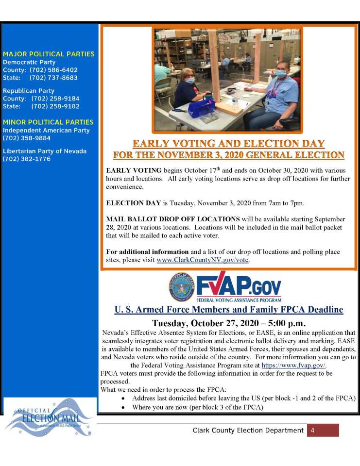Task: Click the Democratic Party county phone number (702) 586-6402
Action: tap(54, 70)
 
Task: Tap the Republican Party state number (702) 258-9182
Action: tap(55, 106)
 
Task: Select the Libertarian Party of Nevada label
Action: tap(45, 151)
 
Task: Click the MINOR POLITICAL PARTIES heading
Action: tap(48, 122)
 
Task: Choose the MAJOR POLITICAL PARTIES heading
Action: tap(49, 54)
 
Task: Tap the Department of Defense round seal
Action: tap(181, 287)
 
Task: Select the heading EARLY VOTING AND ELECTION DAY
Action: tap(229, 144)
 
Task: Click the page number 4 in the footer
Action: tap(313, 430)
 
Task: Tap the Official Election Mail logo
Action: tap(49, 416)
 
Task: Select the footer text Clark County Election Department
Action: tap(248, 430)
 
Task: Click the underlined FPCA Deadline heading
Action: tap(229, 310)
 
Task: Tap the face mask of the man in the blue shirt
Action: tap(280, 74)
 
